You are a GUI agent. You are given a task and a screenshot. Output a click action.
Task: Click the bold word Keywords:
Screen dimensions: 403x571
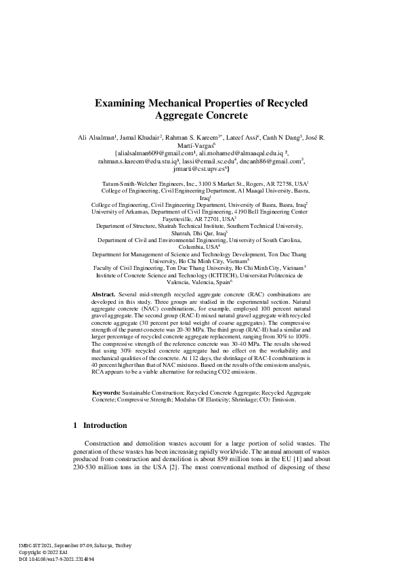coord(107,393)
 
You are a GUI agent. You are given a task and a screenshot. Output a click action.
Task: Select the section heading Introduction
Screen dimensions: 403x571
coord(105,426)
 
